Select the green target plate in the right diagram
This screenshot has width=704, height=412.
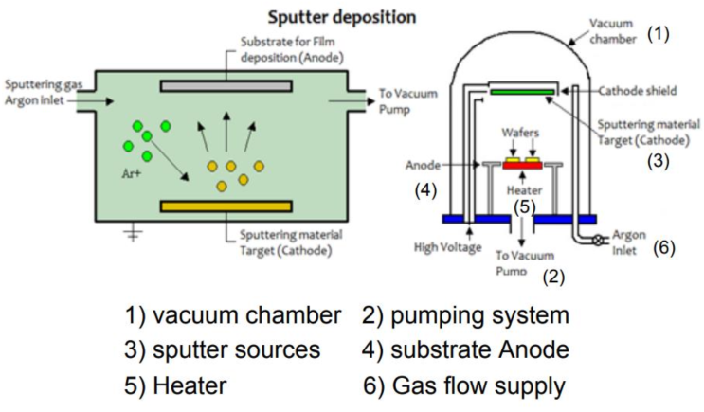pos(522,92)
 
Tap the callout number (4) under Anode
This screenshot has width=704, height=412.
pos(424,189)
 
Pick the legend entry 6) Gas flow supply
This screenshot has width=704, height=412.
pos(464,385)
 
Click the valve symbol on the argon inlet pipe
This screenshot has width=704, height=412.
pos(599,241)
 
